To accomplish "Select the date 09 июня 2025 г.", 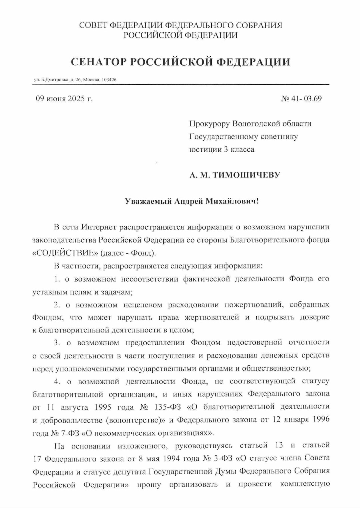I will coord(64,99).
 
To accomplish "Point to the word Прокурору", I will coord(210,124).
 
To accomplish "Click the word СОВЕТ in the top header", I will coord(92,26).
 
